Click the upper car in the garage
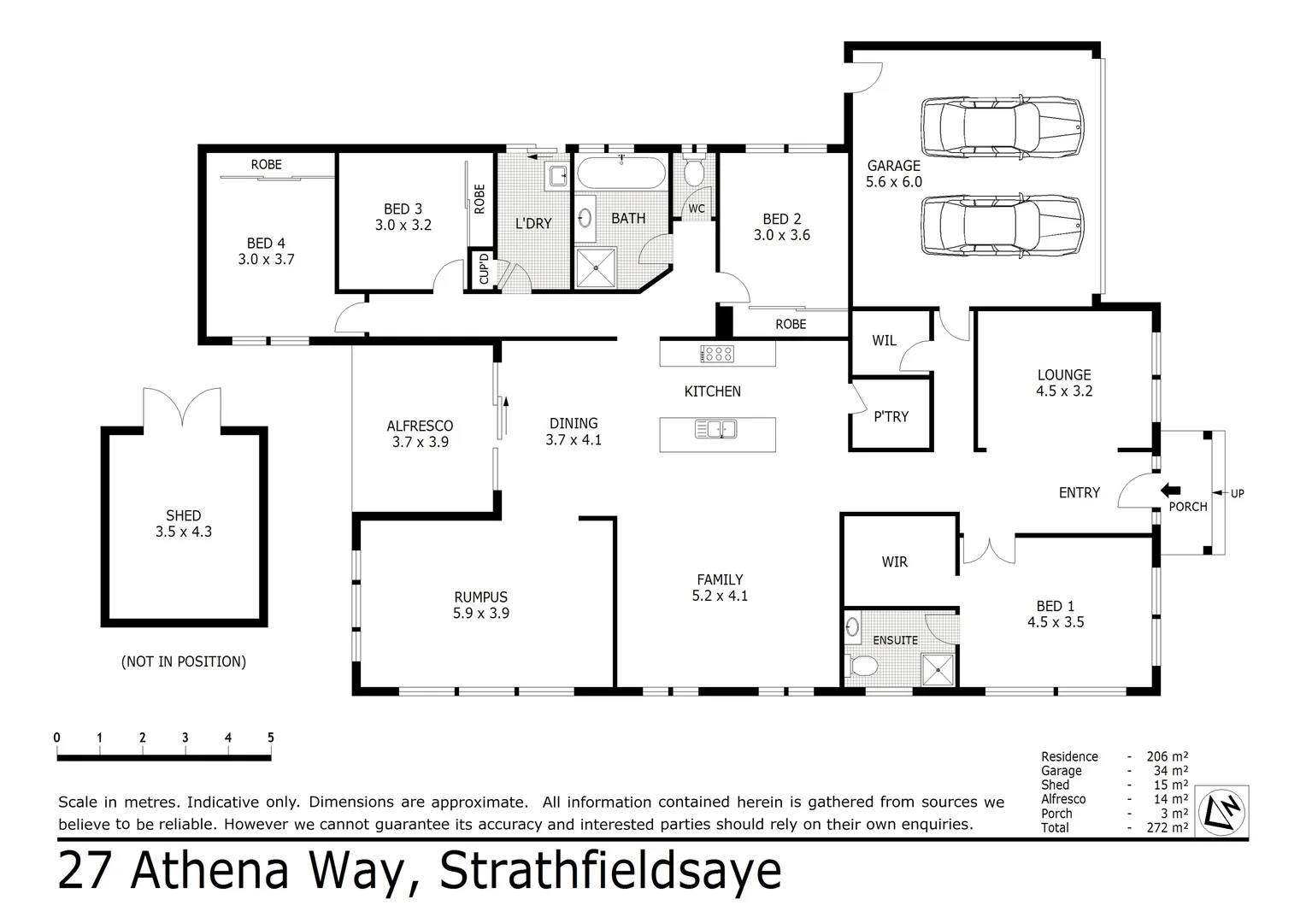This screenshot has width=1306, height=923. pyautogui.click(x=1002, y=127)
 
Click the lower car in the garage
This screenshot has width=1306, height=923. pyautogui.click(x=1002, y=226)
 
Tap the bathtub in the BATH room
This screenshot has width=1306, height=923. pyautogui.click(x=621, y=173)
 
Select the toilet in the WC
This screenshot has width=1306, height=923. pyautogui.click(x=693, y=173)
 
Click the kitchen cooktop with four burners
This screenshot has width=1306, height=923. pyautogui.click(x=717, y=354)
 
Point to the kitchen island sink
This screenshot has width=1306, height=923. pyautogui.click(x=715, y=429)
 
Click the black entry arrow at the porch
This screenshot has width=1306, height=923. pyautogui.click(x=1170, y=491)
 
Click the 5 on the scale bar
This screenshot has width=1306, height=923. pyautogui.click(x=271, y=738)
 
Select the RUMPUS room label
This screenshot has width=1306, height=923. pyautogui.click(x=481, y=597)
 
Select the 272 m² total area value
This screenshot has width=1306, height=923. pyautogui.click(x=1167, y=827)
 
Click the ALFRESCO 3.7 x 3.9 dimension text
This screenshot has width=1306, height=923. pyautogui.click(x=420, y=442)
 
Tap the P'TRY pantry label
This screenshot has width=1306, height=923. pyautogui.click(x=891, y=417)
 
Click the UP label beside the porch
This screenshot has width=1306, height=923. pyautogui.click(x=1237, y=494)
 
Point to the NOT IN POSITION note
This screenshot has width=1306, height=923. pyautogui.click(x=184, y=661)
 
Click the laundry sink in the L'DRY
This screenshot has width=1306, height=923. pyautogui.click(x=558, y=176)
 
